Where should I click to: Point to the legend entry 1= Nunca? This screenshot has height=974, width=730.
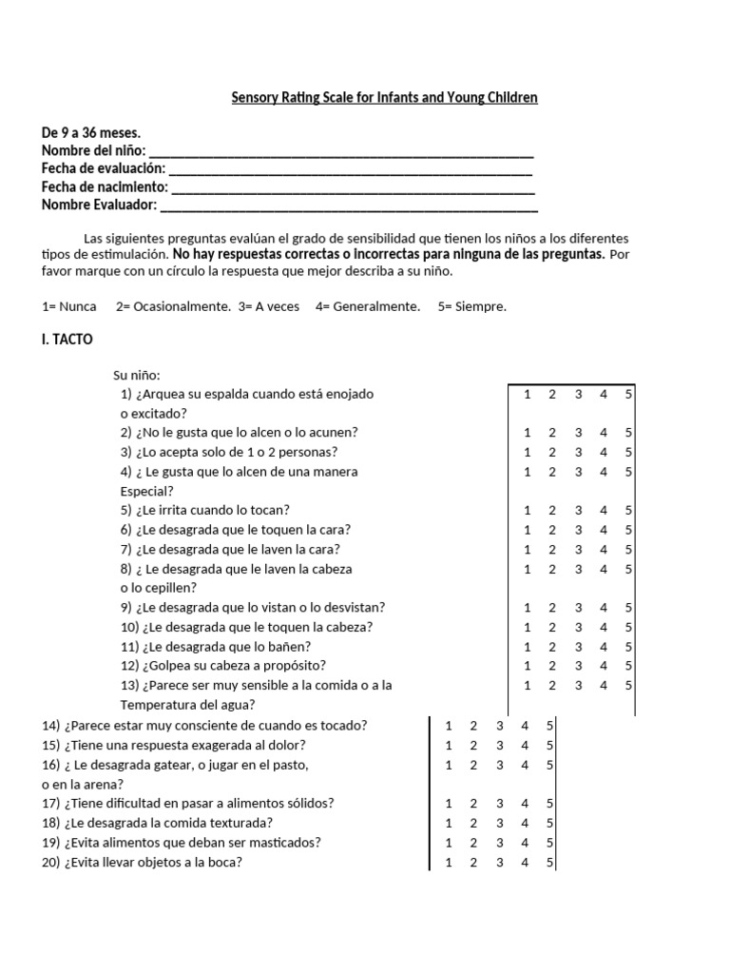click(69, 306)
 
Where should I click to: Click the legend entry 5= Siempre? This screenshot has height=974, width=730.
click(472, 306)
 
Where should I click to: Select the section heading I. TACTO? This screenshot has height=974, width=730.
click(67, 339)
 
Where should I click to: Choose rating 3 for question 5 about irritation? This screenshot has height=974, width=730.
click(578, 510)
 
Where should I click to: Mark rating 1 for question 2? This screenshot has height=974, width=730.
click(528, 432)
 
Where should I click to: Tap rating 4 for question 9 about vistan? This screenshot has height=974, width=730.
click(603, 607)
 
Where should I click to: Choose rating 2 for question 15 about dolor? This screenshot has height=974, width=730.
click(474, 745)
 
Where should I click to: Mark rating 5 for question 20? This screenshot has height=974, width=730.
click(550, 863)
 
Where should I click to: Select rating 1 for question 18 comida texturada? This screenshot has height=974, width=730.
click(449, 823)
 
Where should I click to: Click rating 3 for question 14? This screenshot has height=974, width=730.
click(500, 726)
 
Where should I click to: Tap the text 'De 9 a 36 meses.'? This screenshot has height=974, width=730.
click(91, 133)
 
